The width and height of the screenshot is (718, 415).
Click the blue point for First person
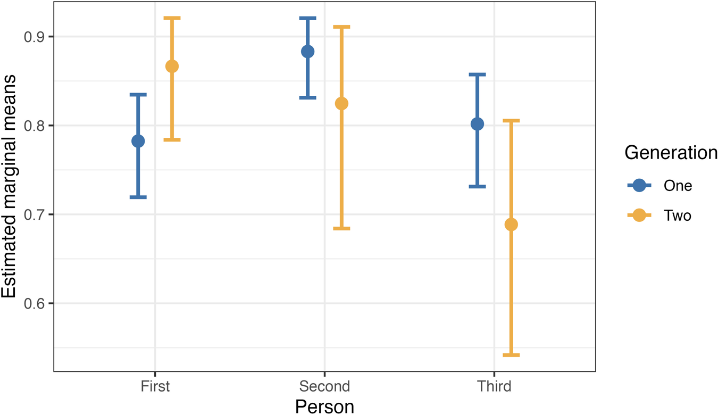click(x=138, y=141)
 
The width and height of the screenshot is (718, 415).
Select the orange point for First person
click(x=172, y=67)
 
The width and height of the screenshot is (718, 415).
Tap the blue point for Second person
click(x=307, y=52)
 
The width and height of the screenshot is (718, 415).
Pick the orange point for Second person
click(x=341, y=103)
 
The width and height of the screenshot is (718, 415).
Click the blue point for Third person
click(x=477, y=124)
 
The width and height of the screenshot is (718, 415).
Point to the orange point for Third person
click(x=511, y=225)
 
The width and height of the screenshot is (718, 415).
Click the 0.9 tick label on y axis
click(x=36, y=37)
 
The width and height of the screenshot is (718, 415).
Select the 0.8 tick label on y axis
click(x=36, y=126)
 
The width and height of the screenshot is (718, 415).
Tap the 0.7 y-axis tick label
click(x=36, y=214)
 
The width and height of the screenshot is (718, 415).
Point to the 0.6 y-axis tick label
click(x=36, y=303)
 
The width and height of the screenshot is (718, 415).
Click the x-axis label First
click(x=155, y=386)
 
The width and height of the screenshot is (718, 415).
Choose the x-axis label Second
click(x=324, y=386)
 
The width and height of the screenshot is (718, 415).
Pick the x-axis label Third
click(x=494, y=386)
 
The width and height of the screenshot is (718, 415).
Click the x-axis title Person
click(x=324, y=406)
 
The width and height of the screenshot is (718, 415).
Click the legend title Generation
click(x=671, y=153)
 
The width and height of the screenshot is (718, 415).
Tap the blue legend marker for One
click(x=639, y=185)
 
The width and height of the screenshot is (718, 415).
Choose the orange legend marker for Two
click(x=639, y=215)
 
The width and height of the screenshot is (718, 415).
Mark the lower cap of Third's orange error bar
click(x=511, y=355)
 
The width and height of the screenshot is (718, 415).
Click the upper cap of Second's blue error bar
click(x=307, y=18)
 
